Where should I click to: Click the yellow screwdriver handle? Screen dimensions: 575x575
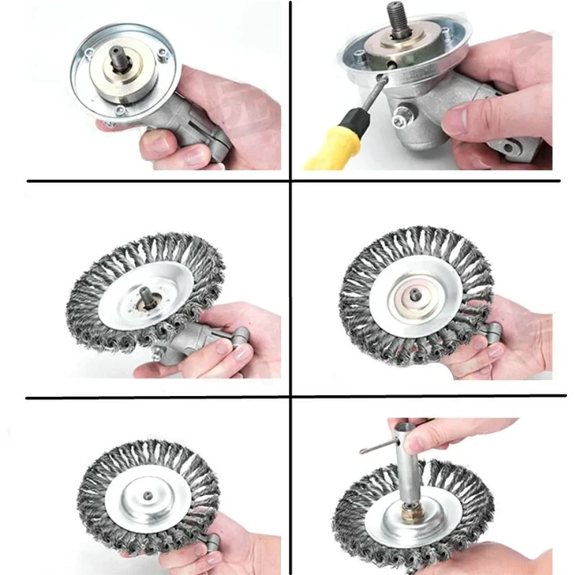pyautogui.click(x=333, y=144)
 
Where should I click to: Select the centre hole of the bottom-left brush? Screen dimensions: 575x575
pyautogui.click(x=149, y=494)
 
